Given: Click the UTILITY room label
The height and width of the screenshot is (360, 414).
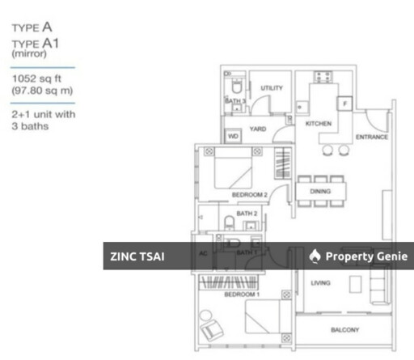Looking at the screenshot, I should tap(271, 87).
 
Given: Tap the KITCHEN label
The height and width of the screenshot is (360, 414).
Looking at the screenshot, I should tap(318, 124).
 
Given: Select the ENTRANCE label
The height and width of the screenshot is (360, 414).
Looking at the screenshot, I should tap(372, 137).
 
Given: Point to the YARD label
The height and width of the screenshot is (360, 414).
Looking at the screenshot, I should tap(258, 129).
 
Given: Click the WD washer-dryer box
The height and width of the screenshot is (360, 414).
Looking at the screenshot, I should tap(233, 137).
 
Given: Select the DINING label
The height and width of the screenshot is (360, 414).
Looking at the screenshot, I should tap(320, 192).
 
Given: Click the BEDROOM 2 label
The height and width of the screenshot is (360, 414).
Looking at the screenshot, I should tap(249, 195).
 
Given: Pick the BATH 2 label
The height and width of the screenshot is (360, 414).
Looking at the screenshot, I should tap(248, 214).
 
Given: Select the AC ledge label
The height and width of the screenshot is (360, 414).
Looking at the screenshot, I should tap(203, 253).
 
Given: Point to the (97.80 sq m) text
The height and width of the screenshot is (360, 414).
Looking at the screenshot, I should tap(39, 91).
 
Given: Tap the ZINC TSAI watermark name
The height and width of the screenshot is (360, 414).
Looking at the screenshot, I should tap(137, 256).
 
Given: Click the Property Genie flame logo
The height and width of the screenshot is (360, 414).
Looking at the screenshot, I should tap(315, 256).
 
